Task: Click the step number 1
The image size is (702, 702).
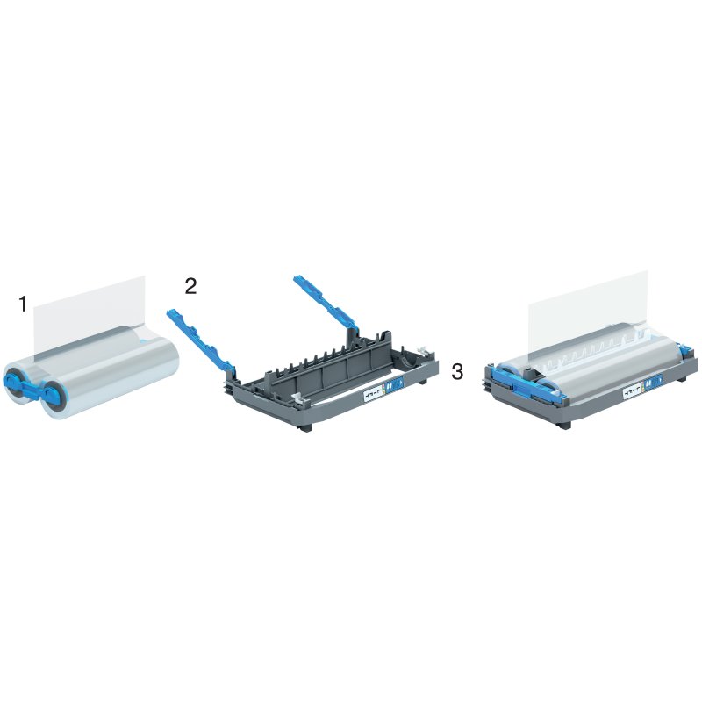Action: pos(24,304)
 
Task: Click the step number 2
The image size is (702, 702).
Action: pos(191,286)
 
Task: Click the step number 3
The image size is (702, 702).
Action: pos(457,371)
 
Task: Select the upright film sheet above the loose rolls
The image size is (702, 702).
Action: pos(88,312)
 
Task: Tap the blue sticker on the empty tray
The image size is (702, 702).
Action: pos(394,387)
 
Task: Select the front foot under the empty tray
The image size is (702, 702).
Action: pos(307,426)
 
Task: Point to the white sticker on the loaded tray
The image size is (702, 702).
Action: pos(633,393)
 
